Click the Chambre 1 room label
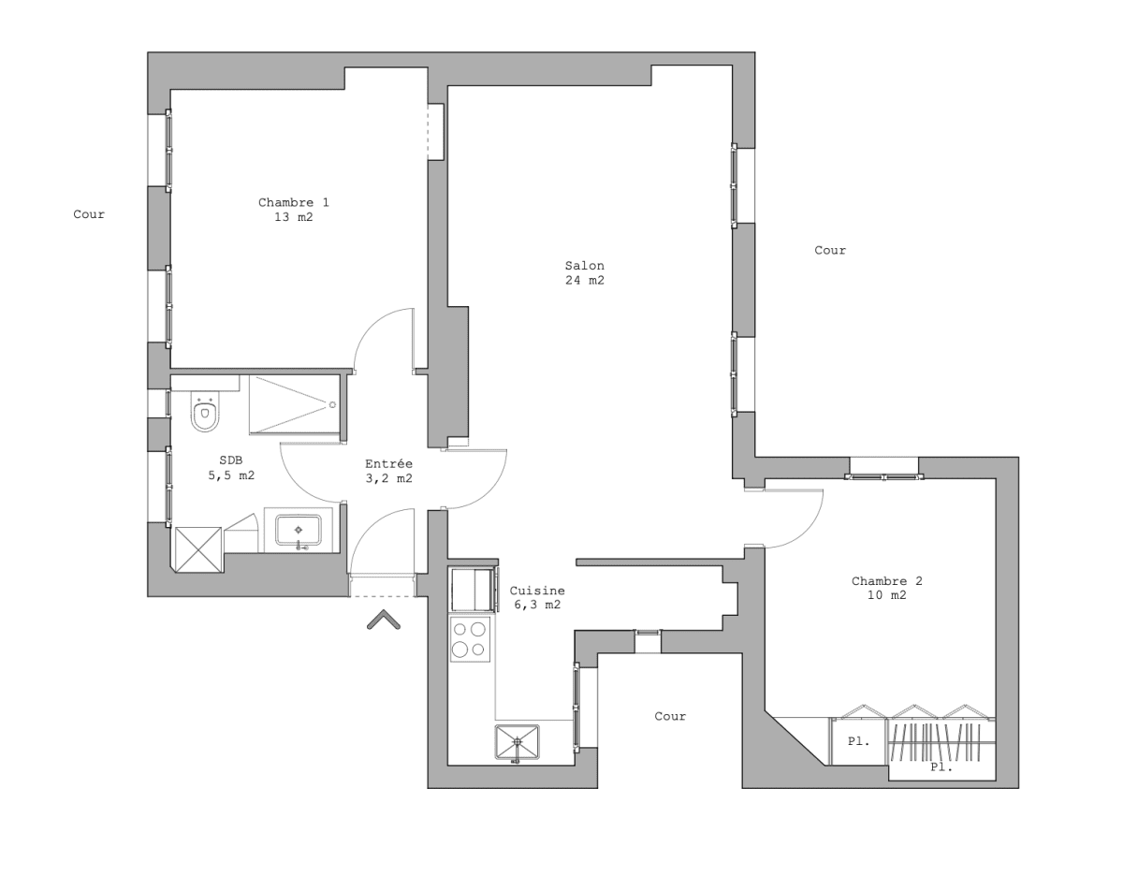coord(293,210)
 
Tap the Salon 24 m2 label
coord(584,272)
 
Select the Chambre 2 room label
coord(879,588)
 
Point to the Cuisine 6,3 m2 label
coord(536,597)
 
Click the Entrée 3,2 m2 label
coord(388,471)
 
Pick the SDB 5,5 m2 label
coord(230,468)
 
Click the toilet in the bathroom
coord(205,412)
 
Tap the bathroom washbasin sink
coord(299,531)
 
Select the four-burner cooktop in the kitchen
coord(470,638)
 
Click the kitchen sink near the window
coord(518,743)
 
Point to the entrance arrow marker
coord(384,620)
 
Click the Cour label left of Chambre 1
coord(89,214)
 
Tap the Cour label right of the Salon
coord(829,250)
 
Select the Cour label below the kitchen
coord(669,716)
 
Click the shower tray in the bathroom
coord(294,404)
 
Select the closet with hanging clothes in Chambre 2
coord(940,742)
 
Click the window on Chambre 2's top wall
coord(883,476)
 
